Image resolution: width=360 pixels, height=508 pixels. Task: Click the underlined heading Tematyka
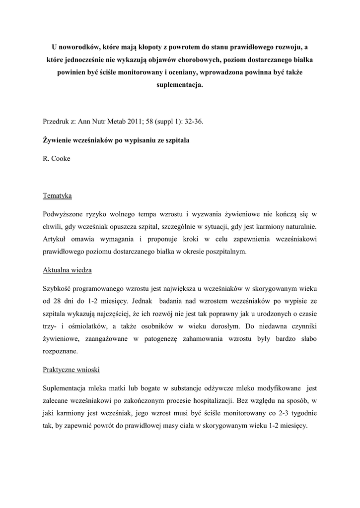pyautogui.click(x=57, y=195)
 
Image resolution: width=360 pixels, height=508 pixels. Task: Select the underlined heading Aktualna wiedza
pyautogui.click(x=67, y=270)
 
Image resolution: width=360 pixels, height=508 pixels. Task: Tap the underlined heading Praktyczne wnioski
pyautogui.click(x=71, y=371)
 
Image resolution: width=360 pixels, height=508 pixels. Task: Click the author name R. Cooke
pyautogui.click(x=57, y=158)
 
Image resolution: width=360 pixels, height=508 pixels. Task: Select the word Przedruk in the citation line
pyautogui.click(x=57, y=121)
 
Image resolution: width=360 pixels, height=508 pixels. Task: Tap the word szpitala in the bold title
pyautogui.click(x=176, y=140)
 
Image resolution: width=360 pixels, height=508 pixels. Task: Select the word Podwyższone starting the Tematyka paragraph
pyautogui.click(x=66, y=214)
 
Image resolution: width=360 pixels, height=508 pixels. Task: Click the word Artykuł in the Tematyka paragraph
pyautogui.click(x=56, y=239)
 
